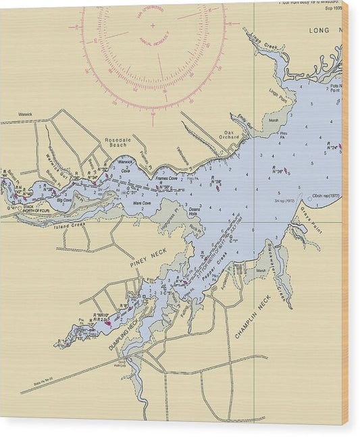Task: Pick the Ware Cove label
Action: click(142, 203)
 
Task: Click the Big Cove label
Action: click(64, 201)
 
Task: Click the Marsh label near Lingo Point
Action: click(274, 120)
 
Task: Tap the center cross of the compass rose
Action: click(152, 25)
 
